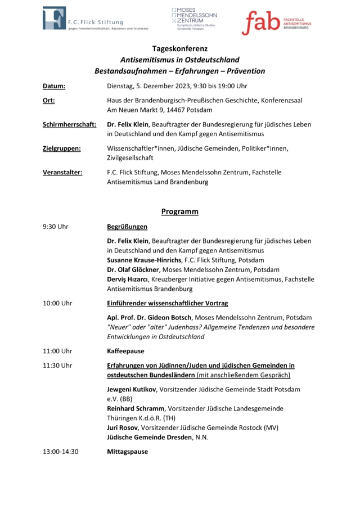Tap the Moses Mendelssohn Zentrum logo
[193, 19]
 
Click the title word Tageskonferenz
[180, 48]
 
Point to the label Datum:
[54, 86]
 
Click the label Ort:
[48, 100]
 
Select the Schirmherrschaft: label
[69, 124]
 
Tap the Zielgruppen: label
[62, 148]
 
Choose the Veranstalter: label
[62, 172]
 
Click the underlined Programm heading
[180, 211]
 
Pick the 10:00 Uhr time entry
[57, 303]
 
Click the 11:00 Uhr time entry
[57, 350]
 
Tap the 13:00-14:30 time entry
[61, 451]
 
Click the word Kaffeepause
[125, 350]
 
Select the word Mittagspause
[128, 451]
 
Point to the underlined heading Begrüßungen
[127, 227]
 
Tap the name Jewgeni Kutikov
[132, 389]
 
